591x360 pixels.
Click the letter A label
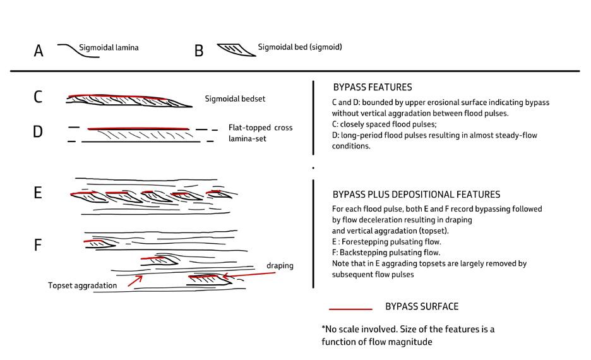click(x=39, y=51)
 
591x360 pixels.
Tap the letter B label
click(x=199, y=51)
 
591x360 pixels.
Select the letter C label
click(x=39, y=98)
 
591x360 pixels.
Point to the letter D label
click(x=39, y=133)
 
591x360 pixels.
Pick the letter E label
click(x=38, y=193)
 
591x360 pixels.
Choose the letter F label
click(x=38, y=244)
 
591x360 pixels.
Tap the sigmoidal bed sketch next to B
click(x=236, y=50)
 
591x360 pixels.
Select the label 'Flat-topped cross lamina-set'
click(x=260, y=133)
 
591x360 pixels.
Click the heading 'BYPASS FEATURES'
click(x=372, y=87)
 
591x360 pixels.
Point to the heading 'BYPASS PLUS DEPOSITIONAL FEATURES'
click(x=416, y=195)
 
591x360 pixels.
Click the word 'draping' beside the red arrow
click(x=280, y=265)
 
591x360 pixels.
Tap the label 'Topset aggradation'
click(x=82, y=285)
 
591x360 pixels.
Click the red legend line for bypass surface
click(x=350, y=309)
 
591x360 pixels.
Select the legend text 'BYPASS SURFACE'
click(x=422, y=307)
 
